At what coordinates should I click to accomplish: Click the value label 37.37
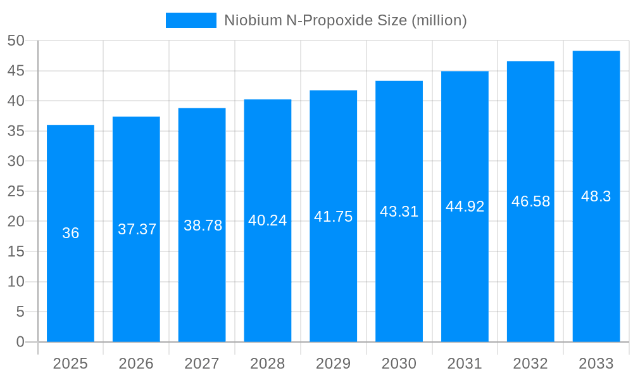pyautogui.click(x=137, y=229)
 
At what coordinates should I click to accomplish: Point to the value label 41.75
pyautogui.click(x=333, y=217)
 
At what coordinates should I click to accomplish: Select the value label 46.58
pyautogui.click(x=530, y=201)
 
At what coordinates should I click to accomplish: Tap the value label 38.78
pyautogui.click(x=203, y=225)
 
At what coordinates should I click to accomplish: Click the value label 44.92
pyautogui.click(x=465, y=206)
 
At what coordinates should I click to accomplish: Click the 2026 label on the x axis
pyautogui.click(x=136, y=364)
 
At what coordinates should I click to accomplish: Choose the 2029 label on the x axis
pyautogui.click(x=333, y=364)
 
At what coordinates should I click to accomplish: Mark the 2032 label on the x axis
pyautogui.click(x=530, y=364)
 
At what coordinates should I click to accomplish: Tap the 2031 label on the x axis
pyautogui.click(x=465, y=364)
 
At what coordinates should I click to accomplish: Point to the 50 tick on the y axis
pyautogui.click(x=16, y=41)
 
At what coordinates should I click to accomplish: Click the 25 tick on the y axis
pyautogui.click(x=16, y=191)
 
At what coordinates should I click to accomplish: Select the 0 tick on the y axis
pyautogui.click(x=20, y=342)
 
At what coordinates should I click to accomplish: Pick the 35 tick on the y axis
pyautogui.click(x=16, y=131)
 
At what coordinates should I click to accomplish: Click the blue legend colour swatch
pyautogui.click(x=191, y=20)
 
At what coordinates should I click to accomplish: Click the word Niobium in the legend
pyautogui.click(x=250, y=20)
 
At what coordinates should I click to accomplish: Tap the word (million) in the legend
pyautogui.click(x=439, y=20)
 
